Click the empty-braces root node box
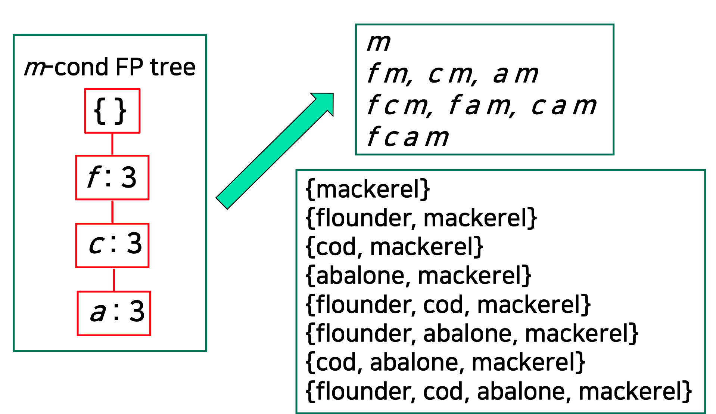click(x=112, y=111)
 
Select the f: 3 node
click(x=112, y=177)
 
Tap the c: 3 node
click(x=112, y=245)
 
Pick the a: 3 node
click(x=114, y=313)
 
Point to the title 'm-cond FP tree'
click(x=110, y=67)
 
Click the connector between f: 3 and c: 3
click(x=112, y=211)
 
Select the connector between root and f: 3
click(x=112, y=144)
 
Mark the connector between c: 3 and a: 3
click(x=114, y=279)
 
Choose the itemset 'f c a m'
click(x=408, y=137)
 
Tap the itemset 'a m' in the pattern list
click(x=516, y=74)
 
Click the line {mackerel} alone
click(x=368, y=189)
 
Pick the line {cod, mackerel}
click(x=394, y=247)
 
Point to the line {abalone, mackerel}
click(x=418, y=276)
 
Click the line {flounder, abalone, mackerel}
click(x=472, y=333)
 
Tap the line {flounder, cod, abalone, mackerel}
click(x=499, y=391)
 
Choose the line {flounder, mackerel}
click(x=421, y=218)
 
